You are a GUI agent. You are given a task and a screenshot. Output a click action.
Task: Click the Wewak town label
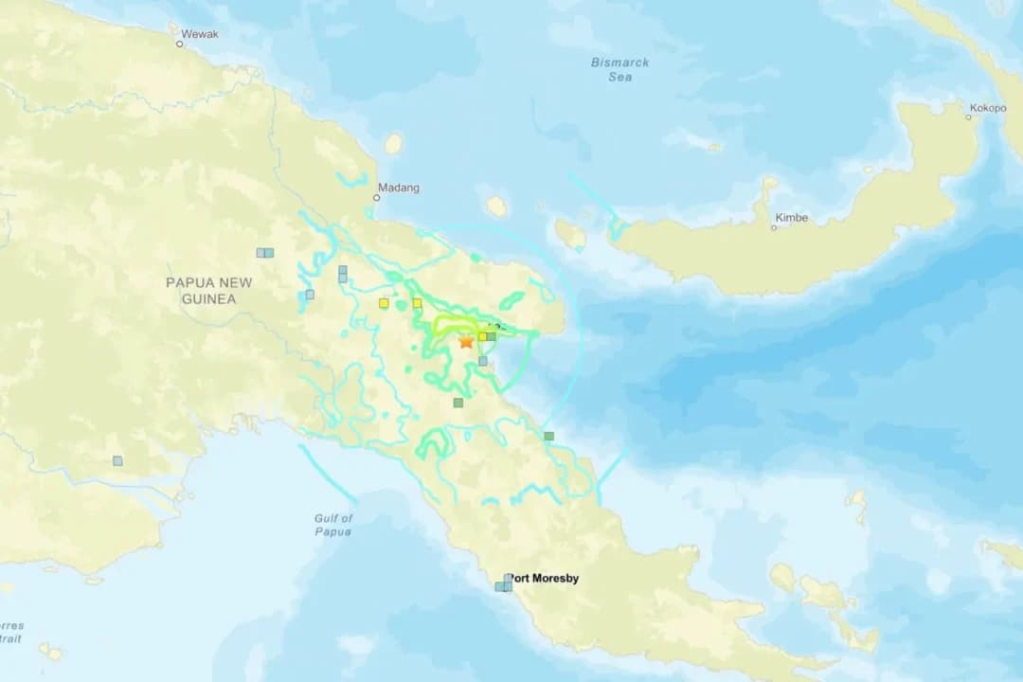coord(200,34)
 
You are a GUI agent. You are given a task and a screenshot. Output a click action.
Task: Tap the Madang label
coord(399,188)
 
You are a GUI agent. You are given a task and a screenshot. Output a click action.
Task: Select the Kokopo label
coord(987,108)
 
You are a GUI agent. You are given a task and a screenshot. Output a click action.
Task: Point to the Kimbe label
coord(792,218)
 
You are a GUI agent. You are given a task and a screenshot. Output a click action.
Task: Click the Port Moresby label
coord(543,578)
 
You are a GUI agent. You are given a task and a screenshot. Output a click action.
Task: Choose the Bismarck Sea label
coord(620,69)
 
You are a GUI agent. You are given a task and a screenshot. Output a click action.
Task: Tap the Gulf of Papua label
coord(333,525)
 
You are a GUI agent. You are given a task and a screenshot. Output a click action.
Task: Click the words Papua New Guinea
coord(208,291)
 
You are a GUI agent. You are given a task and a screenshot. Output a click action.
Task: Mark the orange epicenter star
coord(466,342)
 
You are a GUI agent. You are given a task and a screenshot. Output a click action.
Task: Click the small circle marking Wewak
coord(179,44)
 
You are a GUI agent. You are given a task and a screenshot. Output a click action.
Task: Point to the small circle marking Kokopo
coord(969,117)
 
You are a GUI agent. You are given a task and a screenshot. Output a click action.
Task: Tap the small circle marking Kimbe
coord(773,227)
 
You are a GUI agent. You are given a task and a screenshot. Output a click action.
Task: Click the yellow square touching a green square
coord(482,336)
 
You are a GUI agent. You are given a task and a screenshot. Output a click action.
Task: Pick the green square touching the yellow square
coord(491,335)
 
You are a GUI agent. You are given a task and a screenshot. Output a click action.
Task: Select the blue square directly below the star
coord(482,361)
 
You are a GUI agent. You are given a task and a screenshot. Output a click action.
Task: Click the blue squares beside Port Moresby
coord(504,583)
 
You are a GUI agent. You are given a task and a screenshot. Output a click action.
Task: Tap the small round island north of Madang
coord(393,144)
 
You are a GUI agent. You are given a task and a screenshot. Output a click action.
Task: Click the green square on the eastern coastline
coord(548,436)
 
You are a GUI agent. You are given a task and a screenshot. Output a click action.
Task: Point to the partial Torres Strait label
coord(11,632)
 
